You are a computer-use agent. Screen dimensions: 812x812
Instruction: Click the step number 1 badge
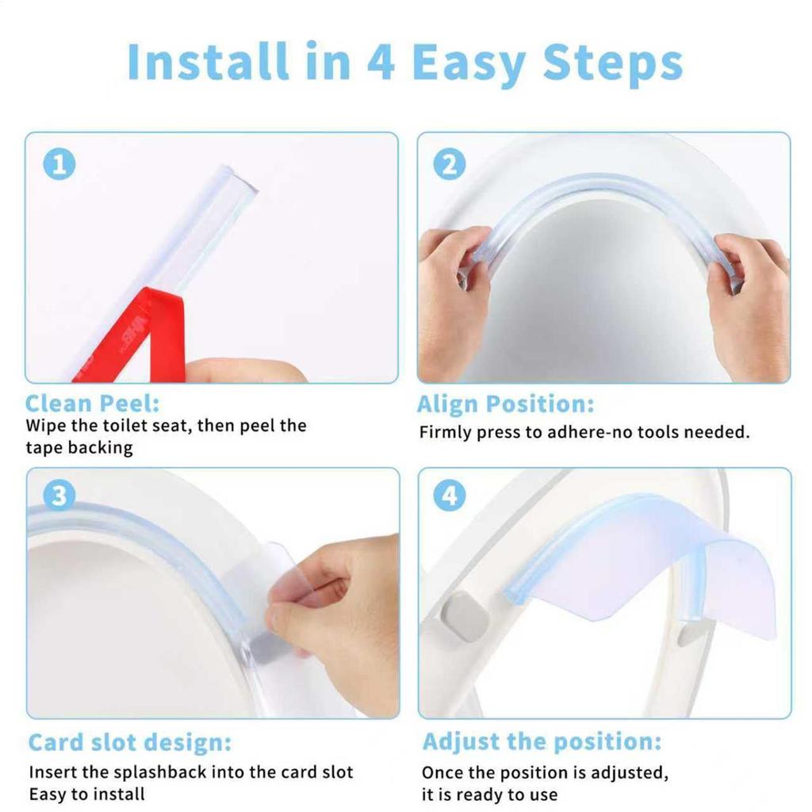click(59, 165)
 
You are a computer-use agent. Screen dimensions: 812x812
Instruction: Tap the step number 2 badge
click(450, 165)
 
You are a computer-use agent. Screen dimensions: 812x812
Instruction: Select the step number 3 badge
click(59, 496)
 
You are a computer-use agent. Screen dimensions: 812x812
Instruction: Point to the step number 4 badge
click(450, 496)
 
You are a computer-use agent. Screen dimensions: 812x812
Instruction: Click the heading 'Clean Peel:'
click(92, 403)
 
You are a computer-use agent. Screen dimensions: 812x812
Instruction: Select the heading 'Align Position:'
click(505, 404)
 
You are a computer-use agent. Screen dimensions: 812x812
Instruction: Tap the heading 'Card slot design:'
click(130, 743)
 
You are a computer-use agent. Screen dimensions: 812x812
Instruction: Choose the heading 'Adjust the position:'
click(542, 742)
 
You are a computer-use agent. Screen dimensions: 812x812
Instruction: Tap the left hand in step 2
click(452, 301)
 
